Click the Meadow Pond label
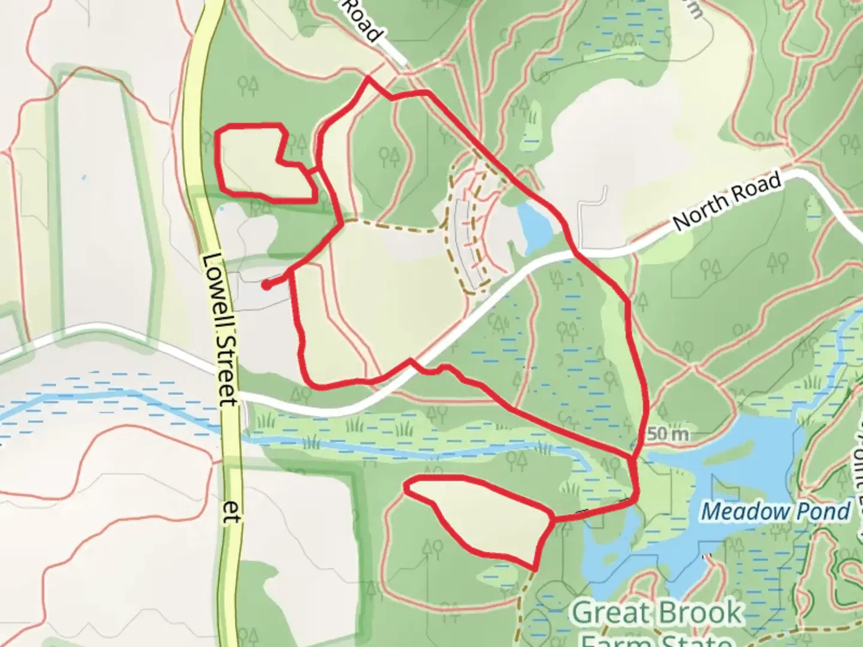[776, 512]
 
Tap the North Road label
[728, 201]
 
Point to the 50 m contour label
[667, 433]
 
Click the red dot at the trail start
[266, 285]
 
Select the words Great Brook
[657, 613]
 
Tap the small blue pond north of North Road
[533, 225]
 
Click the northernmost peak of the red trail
[367, 77]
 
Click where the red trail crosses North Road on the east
[577, 254]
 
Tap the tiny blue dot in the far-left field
[83, 178]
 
